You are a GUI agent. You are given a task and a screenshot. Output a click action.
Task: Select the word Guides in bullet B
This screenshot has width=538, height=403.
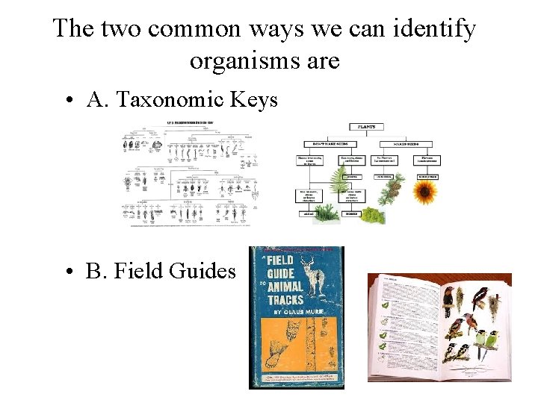click(x=202, y=270)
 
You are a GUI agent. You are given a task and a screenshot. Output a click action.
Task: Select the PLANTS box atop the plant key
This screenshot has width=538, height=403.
click(x=365, y=128)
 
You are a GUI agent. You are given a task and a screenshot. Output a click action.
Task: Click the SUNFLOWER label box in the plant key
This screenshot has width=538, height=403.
click(x=427, y=177)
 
